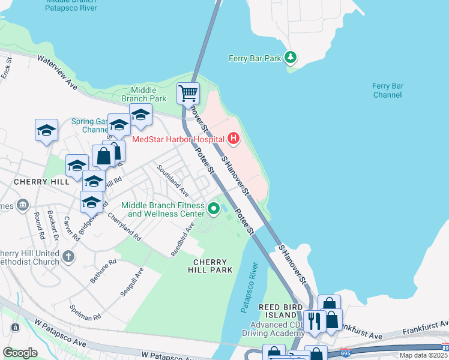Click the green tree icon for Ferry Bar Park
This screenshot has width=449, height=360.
pos(291,58)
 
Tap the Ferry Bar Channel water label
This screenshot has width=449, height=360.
pos(387,91)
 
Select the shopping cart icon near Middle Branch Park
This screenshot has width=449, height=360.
pos(188,94)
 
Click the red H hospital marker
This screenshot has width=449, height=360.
pos(233,139)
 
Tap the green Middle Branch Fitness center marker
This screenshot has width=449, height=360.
pos(214,209)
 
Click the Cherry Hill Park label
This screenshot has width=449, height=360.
pos(210,266)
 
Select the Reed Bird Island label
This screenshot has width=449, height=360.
pos(279,307)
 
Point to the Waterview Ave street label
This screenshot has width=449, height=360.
pos(58,73)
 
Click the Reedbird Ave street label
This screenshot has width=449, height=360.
pos(182,239)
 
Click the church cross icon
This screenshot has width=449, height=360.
pos(68,257)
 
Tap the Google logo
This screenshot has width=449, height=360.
pos(20,353)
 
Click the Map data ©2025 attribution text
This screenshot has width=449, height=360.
pos(423,355)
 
